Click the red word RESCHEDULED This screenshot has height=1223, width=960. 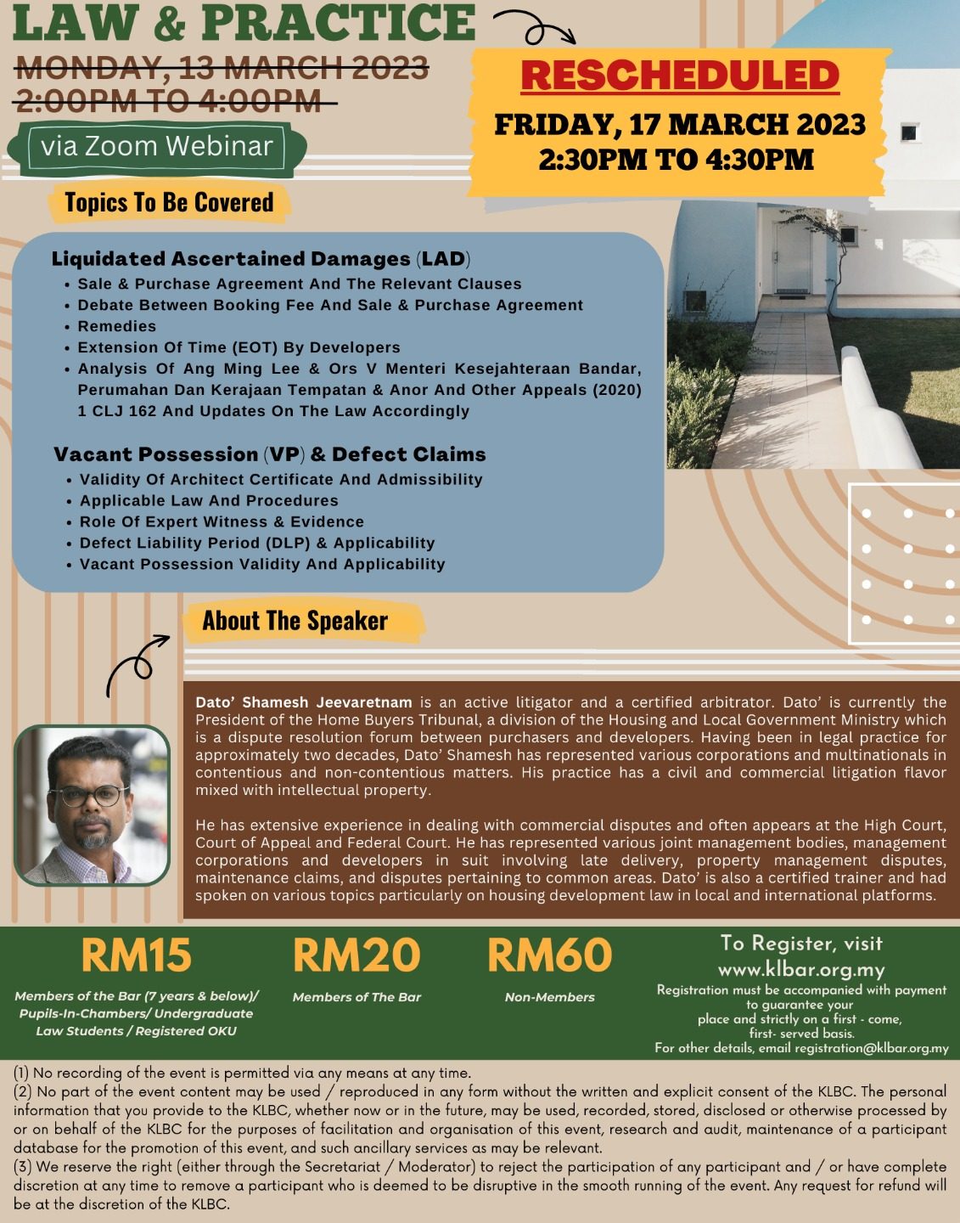680,75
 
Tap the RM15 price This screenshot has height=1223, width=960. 137,955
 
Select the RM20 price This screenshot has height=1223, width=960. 356,955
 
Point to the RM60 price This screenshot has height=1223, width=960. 549,955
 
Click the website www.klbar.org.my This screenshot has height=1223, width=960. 801,969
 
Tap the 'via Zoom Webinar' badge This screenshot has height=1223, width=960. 157,146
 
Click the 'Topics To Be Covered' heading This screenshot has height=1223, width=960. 169,202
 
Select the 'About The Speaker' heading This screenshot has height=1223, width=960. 295,621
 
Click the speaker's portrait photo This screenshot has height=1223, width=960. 93,805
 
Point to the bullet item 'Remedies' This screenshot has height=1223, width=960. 117,326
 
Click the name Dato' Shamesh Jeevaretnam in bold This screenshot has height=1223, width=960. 304,702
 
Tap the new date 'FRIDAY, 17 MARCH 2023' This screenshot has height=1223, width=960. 680,125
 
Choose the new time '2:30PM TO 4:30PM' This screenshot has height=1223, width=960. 676,160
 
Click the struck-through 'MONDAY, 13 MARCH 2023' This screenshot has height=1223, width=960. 222,67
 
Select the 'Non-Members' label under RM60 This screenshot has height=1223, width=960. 549,997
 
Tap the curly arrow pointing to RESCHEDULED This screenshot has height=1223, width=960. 535,27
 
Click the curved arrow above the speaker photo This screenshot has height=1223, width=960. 136,664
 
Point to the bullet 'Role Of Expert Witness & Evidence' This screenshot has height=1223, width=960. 222,521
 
